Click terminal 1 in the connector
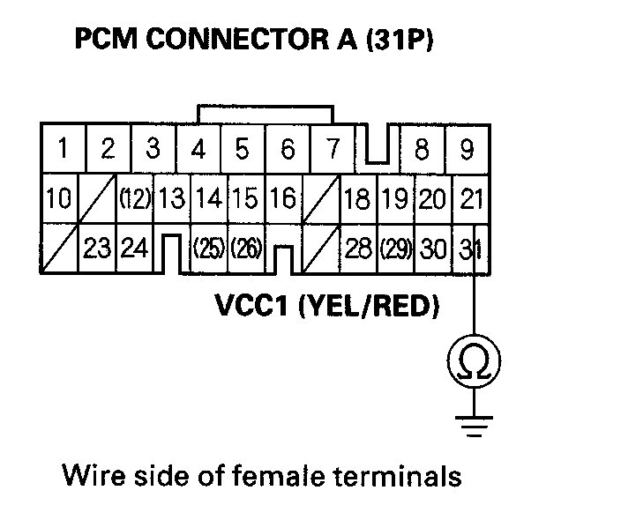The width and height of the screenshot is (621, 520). [62, 149]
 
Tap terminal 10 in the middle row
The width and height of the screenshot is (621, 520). [58, 198]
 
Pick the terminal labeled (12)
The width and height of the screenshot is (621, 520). [135, 199]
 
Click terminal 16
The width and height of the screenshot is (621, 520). [282, 198]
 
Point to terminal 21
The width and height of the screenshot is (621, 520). [472, 199]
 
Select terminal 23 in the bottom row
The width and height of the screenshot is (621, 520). [98, 249]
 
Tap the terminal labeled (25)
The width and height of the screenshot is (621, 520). [208, 249]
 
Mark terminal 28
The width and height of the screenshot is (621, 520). [357, 249]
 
